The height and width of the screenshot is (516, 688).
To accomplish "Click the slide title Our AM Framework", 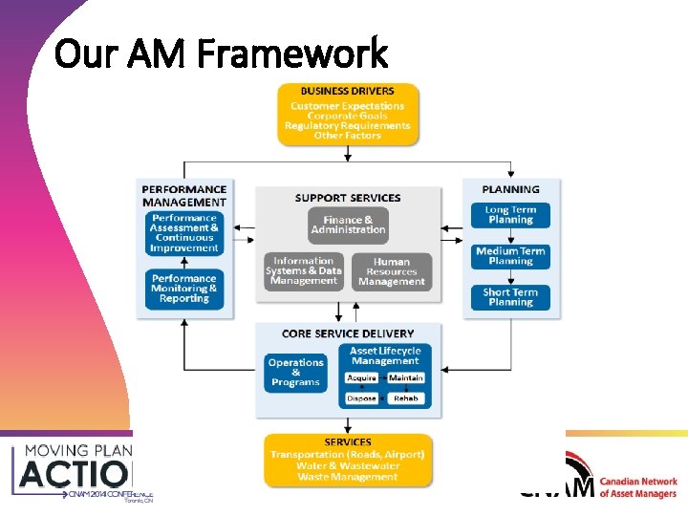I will [x=222, y=54].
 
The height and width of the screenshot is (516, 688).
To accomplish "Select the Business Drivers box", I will [x=348, y=115].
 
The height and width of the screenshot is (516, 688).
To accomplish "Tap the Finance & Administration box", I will [x=348, y=225].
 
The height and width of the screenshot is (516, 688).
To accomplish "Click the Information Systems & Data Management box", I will [x=304, y=271].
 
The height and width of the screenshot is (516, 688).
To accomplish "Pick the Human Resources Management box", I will [x=392, y=271].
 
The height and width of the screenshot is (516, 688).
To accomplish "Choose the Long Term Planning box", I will [x=510, y=215].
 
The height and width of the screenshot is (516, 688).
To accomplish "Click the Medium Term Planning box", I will [x=510, y=256].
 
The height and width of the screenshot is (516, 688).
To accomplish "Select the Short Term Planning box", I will [x=510, y=297].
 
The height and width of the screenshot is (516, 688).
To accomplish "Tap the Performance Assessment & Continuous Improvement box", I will [x=184, y=233].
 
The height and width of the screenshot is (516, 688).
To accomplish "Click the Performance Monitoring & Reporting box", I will [x=184, y=289].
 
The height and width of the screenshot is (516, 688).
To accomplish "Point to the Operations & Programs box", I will [x=295, y=373].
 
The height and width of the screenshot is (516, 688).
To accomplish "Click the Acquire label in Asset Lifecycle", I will [x=362, y=378].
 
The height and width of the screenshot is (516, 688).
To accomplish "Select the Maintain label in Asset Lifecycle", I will [x=407, y=378].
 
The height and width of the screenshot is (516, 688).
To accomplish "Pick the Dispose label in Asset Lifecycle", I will [x=362, y=398].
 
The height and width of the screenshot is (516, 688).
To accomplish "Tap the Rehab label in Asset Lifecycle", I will [x=407, y=398].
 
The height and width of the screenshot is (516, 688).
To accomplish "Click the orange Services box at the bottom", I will [x=348, y=461].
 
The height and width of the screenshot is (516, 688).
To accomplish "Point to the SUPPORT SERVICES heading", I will [x=348, y=198].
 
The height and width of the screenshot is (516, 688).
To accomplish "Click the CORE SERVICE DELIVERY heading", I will [x=348, y=333].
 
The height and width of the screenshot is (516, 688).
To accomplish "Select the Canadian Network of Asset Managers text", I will [x=638, y=487].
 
